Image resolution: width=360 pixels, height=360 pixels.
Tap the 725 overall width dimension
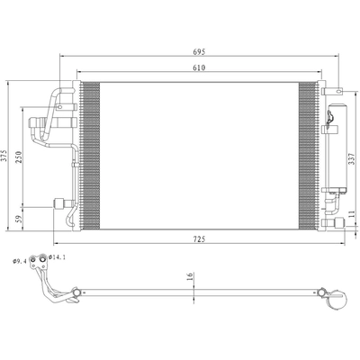[198, 239]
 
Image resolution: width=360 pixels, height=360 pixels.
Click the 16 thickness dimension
[190, 277]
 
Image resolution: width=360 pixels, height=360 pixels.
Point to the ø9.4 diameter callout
[17, 262]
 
